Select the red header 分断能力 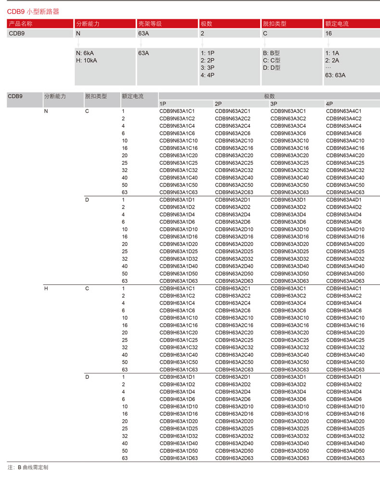coord(88,24)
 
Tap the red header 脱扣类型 coord(274,24)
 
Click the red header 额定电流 coord(337,24)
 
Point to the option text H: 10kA coord(87,60)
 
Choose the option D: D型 coord(271,67)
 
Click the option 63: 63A coord(335,75)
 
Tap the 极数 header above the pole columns coord(269,96)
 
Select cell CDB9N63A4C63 coord(345,192)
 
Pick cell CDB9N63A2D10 coord(234,229)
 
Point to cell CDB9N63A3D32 coord(290,259)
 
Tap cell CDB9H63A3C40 coord(290,355)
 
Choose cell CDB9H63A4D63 coord(345,458)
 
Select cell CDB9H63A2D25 coord(234,428)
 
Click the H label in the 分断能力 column coord(46,289)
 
